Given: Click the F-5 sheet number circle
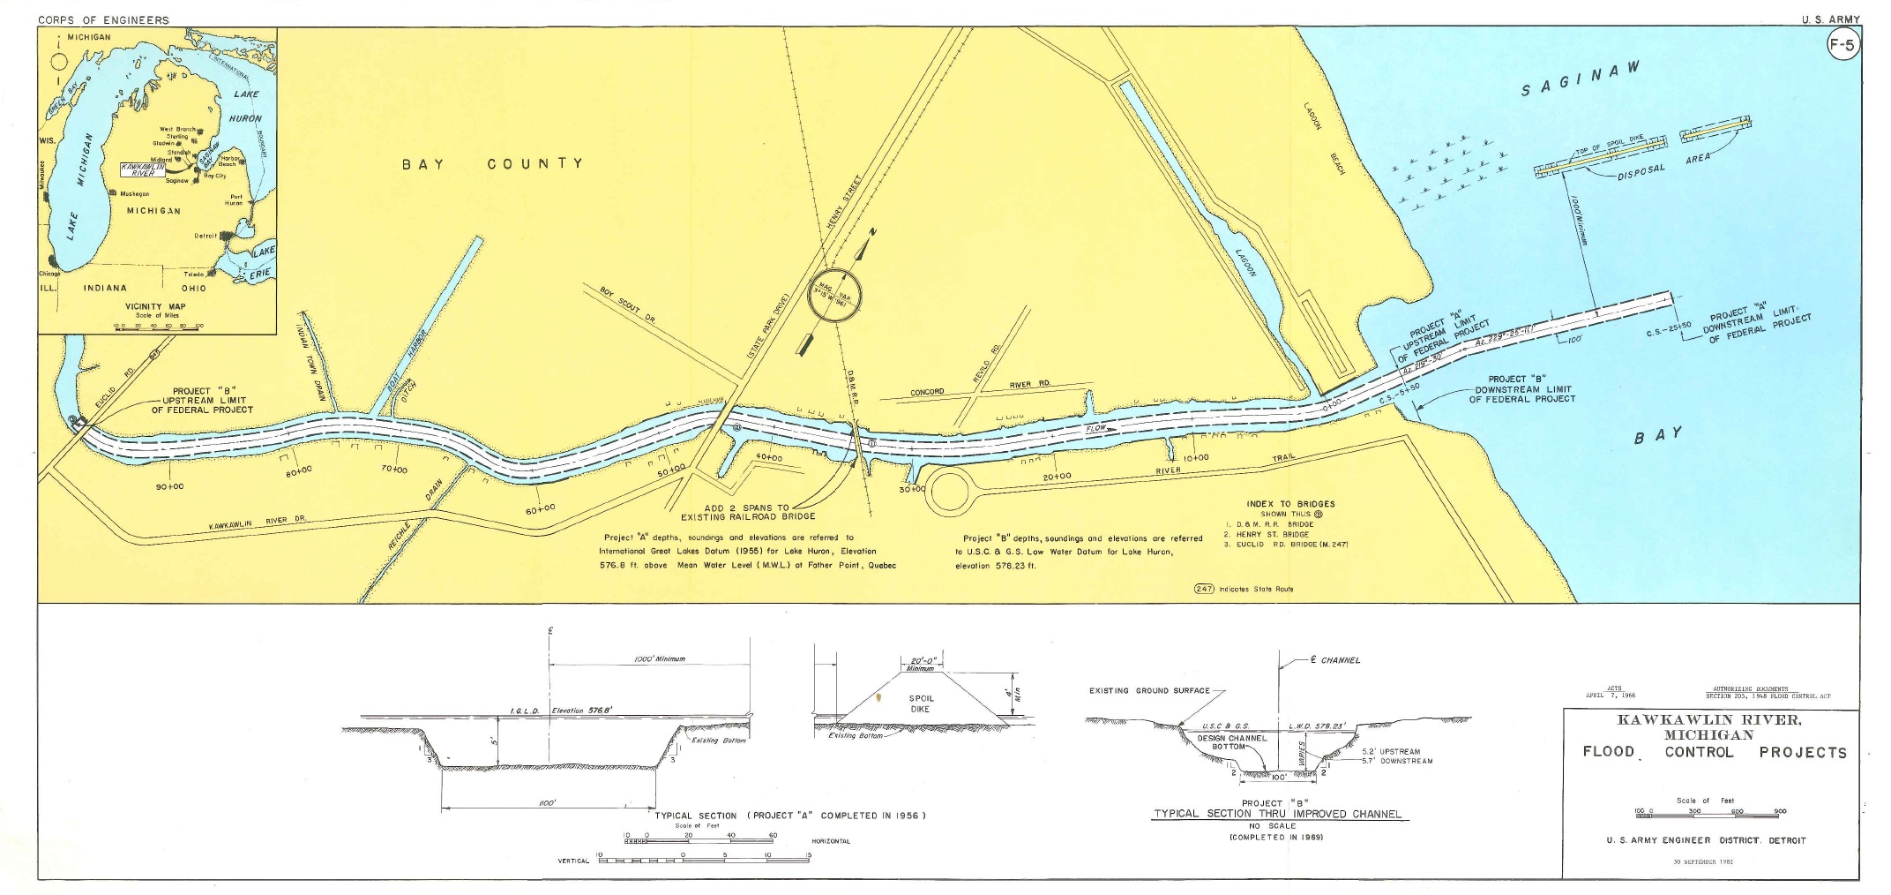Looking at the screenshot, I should coord(1843,45).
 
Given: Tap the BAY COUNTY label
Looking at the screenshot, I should coord(493,163).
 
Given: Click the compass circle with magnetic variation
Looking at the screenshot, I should coord(834,297).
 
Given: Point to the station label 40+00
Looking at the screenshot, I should coord(769,458).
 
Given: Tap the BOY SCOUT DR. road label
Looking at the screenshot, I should coord(627,305).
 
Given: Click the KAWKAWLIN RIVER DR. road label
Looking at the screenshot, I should coord(257,523).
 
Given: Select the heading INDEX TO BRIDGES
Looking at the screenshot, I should coord(1290,504).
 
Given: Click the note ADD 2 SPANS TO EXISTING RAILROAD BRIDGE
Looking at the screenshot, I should coord(748,513).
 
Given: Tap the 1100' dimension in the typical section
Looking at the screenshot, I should coord(547,803).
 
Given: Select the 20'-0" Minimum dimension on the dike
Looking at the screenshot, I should coord(921,664).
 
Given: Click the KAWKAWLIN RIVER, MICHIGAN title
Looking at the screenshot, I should coord(1709,726).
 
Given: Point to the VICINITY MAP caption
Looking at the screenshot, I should coord(155,307).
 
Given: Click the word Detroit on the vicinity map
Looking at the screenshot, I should coord(205,236).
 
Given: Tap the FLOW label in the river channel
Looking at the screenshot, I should coord(1095,428).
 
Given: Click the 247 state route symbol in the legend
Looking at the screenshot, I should coord(1204,589).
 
